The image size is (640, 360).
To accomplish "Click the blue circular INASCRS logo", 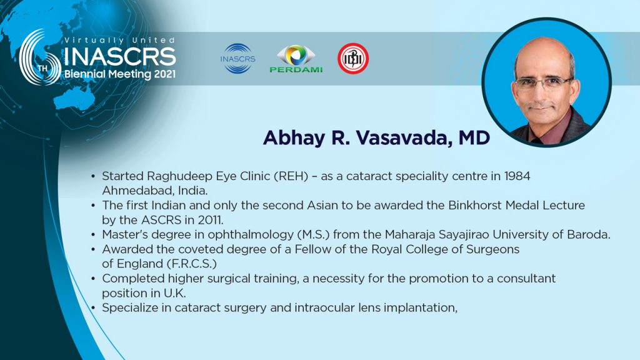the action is click(237, 59).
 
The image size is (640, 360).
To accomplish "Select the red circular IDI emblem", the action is click(353, 59).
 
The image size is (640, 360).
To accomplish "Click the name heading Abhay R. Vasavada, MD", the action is click(376, 138).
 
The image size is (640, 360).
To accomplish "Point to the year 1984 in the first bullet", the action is click(517, 176).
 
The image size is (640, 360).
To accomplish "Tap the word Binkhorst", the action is click(475, 205).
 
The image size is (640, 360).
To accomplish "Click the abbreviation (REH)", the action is click(291, 176).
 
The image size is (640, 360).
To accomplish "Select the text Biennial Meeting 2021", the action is click(120, 74).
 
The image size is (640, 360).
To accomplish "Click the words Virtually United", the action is click(119, 41).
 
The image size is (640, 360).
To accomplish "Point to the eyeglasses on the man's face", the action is click(543, 83).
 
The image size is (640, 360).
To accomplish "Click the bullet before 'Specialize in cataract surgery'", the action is click(94, 307).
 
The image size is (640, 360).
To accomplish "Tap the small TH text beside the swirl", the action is click(43, 68).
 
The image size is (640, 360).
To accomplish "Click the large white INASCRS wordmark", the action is click(120, 57).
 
